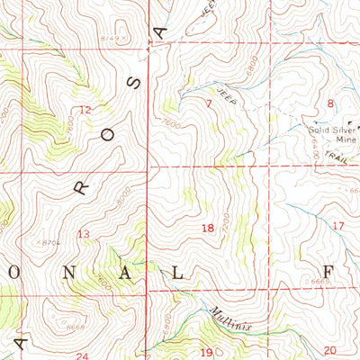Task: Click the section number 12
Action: coord(85,110)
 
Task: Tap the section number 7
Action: coord(209,105)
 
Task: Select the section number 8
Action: coord(330,103)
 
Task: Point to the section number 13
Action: coord(84,235)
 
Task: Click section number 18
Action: coord(208,229)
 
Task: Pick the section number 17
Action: coord(337,225)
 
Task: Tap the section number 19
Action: coord(205,352)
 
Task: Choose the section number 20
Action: coord(329,350)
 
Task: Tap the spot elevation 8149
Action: coord(112,39)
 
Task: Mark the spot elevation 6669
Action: coord(315,282)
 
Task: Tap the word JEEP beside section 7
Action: coord(226,94)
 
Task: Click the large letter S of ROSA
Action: coord(135,85)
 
